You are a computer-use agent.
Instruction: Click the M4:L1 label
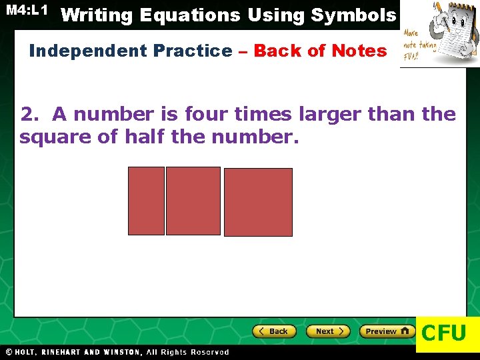(x=27, y=10)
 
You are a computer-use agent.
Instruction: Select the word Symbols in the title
(x=355, y=15)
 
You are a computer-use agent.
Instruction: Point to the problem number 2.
(x=29, y=115)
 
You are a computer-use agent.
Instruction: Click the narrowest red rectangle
(x=146, y=201)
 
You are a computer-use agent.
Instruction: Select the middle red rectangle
(x=193, y=201)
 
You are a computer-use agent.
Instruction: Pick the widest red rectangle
(x=258, y=202)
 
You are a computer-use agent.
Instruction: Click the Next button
(x=327, y=331)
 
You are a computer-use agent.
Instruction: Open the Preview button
(x=387, y=331)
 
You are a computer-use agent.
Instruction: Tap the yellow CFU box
(x=445, y=332)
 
